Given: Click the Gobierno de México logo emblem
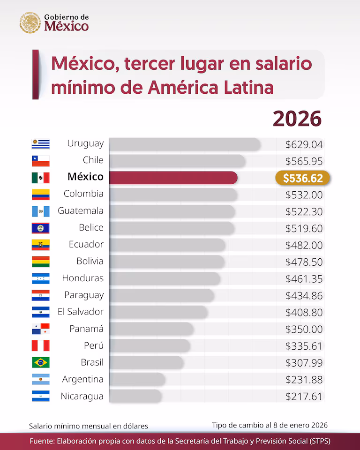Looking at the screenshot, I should click(x=30, y=22).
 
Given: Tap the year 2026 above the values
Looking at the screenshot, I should click(x=297, y=119).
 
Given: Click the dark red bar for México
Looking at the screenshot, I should click(x=173, y=178).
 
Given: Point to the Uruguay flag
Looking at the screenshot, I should click(x=41, y=144).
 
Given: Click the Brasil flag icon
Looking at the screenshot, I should click(x=41, y=362).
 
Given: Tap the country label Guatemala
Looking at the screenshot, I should click(x=81, y=211).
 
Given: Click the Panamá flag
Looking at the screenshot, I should click(x=41, y=329).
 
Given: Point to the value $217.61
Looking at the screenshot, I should click(x=304, y=397).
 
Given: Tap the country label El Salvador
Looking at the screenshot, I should click(x=81, y=312).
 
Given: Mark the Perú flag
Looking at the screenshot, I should click(x=41, y=346).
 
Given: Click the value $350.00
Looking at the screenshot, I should click(x=304, y=329).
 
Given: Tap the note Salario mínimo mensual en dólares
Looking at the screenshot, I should click(x=89, y=426).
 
